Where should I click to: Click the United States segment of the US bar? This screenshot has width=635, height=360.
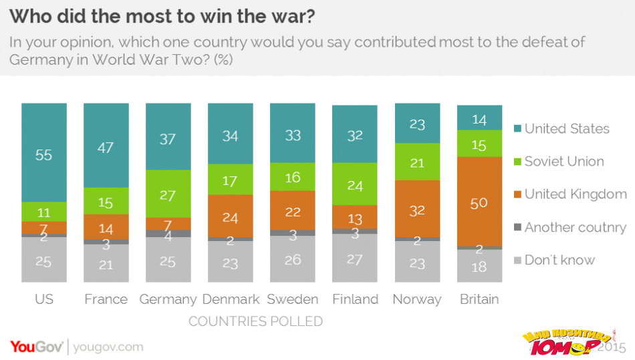(44, 153)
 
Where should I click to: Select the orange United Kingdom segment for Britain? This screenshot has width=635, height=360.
(480, 202)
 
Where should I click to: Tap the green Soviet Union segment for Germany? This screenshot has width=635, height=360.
(168, 194)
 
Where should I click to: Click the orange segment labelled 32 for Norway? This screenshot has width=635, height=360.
(418, 208)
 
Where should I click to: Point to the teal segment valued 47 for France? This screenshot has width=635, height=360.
(106, 146)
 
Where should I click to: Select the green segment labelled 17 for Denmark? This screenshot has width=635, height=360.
(231, 179)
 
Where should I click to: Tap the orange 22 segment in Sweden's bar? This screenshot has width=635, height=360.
(293, 210)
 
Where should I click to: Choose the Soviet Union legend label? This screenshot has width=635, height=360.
(563, 162)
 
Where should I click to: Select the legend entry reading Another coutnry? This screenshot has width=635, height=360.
(575, 227)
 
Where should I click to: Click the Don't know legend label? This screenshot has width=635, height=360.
(559, 260)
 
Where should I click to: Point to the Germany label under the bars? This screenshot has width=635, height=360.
(168, 299)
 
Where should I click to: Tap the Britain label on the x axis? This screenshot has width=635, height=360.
(479, 299)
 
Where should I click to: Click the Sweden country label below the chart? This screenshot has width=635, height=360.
(292, 299)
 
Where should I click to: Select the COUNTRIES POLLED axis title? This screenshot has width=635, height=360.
(255, 321)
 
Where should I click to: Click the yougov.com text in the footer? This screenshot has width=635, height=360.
(108, 347)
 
